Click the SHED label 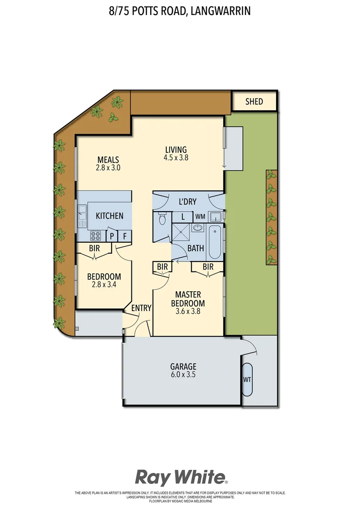coord(254,101)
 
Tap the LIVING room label coord(176,150)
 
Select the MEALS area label coord(108,159)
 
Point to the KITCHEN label coord(109,216)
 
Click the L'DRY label coord(187,202)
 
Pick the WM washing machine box coord(200,217)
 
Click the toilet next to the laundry coord(162,219)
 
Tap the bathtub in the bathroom coord(214,242)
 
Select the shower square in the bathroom coord(180,232)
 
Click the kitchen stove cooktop coord(97,236)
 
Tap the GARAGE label coord(183,366)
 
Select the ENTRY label coord(141,308)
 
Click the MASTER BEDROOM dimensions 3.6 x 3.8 coord(188,311)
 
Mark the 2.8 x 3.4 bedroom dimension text coord(104,285)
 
